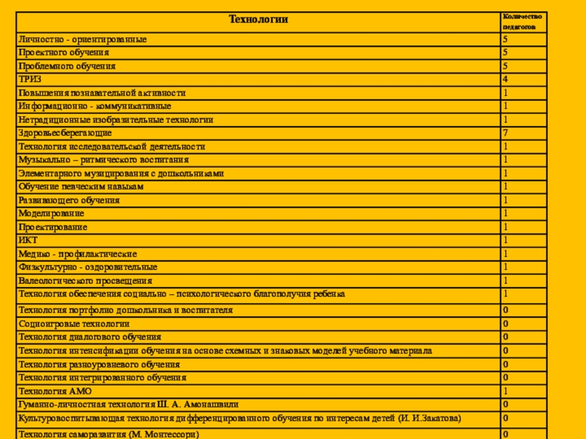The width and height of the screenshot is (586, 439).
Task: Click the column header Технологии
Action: pos(259,20)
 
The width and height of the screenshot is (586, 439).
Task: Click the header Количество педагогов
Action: pos(522,21)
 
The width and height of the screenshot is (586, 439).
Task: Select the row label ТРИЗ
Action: pos(30,80)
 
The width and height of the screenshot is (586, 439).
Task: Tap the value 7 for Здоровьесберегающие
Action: pos(505,133)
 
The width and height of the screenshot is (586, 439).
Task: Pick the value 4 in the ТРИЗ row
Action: pos(505,80)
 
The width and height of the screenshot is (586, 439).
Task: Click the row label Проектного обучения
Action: pos(64,53)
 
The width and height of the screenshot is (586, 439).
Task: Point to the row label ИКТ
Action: pos(28,240)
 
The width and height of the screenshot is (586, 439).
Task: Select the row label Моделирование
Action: pos(51,214)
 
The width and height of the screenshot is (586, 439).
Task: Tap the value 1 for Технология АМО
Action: pos(505,391)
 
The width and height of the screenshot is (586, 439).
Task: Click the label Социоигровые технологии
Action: pos(74,323)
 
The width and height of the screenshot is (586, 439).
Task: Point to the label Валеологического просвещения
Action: pos(86,280)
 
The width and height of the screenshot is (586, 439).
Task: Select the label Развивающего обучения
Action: pos(69,200)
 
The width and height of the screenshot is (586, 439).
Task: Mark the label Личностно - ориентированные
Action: pos(83,40)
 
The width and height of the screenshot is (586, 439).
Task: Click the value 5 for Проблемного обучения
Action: pos(505,66)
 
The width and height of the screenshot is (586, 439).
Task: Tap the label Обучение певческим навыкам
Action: pos(81,187)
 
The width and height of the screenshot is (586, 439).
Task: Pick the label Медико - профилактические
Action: pos(78,254)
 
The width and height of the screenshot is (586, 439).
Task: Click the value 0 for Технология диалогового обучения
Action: pos(505,337)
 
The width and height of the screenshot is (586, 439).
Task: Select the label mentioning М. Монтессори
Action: pos(109,434)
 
